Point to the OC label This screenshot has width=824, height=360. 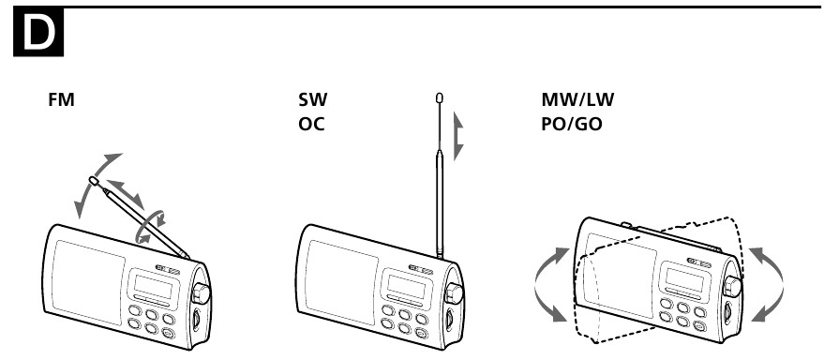312,122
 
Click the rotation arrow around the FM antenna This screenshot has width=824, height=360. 150,223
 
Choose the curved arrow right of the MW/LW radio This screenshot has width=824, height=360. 767,281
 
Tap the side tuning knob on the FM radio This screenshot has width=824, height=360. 200,292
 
